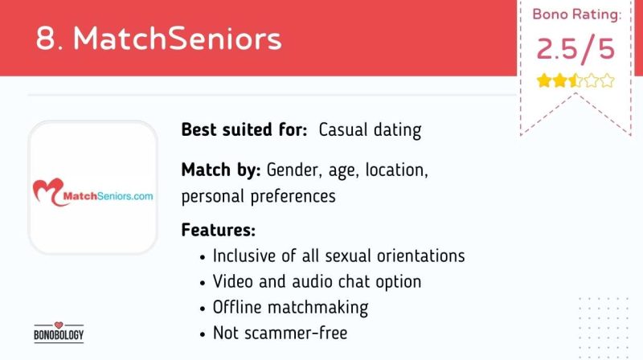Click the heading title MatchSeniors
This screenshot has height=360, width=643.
click(177, 39)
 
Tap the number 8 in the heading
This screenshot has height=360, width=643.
click(45, 39)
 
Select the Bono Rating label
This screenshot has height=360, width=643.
click(576, 14)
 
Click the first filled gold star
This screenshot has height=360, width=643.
click(544, 81)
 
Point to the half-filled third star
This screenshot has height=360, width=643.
click(575, 81)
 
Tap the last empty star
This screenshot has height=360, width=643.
click(607, 81)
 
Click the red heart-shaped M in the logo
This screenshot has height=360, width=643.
click(48, 191)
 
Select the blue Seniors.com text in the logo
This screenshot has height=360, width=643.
click(125, 196)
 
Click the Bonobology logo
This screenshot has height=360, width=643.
click(59, 332)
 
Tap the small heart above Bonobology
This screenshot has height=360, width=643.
click(59, 325)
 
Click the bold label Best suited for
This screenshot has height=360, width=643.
click(244, 129)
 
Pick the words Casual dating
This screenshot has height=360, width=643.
click(370, 130)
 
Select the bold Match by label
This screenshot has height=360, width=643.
click(221, 170)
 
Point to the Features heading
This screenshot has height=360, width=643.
click(218, 230)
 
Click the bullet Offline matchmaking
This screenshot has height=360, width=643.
click(290, 308)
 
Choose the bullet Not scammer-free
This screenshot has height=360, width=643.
click(280, 333)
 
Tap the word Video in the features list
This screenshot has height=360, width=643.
click(233, 282)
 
